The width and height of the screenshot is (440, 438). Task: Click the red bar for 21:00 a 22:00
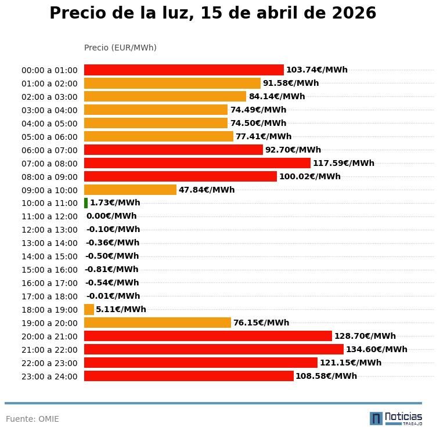[x=214, y=349]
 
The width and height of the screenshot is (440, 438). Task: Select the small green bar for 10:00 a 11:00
[x=86, y=203]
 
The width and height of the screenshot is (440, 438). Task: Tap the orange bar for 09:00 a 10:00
[x=130, y=190]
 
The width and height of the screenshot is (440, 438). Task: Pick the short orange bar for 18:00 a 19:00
[x=89, y=309]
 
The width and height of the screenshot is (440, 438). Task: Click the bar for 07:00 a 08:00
[x=197, y=163]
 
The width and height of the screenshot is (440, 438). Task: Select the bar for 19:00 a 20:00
[x=157, y=323]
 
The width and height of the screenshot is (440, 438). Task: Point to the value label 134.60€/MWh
[x=376, y=349]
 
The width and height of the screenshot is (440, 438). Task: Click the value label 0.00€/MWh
[x=111, y=216]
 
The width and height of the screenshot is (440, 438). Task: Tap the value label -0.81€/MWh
[x=111, y=269]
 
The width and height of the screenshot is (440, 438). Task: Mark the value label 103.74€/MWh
[x=316, y=70]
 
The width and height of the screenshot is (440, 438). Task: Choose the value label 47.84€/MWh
[x=207, y=190]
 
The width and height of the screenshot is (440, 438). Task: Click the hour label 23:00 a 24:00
[x=49, y=377]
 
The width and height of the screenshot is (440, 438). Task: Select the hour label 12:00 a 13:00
[x=49, y=230]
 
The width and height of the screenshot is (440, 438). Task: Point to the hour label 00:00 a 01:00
[x=49, y=70]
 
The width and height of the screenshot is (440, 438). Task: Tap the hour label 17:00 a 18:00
[x=49, y=296]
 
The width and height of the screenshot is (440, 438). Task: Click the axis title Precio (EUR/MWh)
[x=120, y=48]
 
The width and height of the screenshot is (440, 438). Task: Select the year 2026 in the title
[x=354, y=13]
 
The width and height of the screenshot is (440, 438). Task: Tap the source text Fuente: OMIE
[x=33, y=419]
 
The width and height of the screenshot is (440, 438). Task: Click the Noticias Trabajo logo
[x=396, y=418]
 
